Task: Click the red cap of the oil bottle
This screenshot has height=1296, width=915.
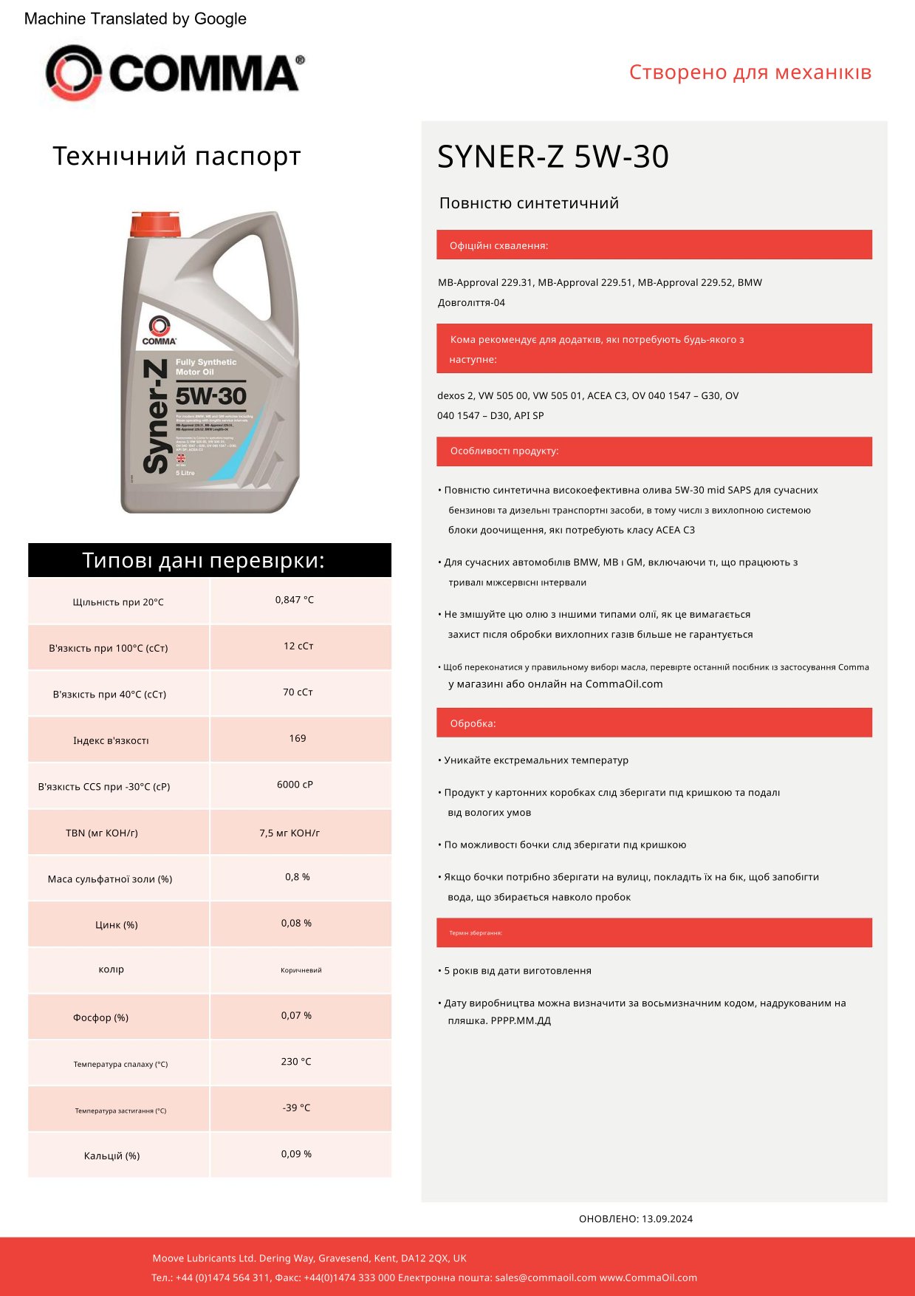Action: [154, 224]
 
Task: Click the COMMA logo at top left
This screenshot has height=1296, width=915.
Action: [174, 72]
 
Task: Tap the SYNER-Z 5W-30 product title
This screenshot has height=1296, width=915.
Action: [552, 157]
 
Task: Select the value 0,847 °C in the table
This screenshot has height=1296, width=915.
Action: [295, 600]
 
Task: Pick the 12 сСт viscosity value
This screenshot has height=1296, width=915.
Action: [298, 646]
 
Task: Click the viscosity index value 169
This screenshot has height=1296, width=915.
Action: [298, 738]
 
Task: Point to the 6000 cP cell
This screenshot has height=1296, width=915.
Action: [295, 785]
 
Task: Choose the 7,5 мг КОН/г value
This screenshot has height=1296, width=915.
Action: [289, 833]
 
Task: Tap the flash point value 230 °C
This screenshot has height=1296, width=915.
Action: [296, 1062]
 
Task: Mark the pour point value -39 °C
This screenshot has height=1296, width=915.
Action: [296, 1108]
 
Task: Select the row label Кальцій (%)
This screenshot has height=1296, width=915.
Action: [112, 1156]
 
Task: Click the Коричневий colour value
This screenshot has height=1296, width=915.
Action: [301, 970]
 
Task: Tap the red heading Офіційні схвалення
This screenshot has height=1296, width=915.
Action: [499, 245]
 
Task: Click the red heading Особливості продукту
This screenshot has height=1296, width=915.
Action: [504, 451]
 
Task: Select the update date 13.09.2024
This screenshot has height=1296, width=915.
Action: [667, 1219]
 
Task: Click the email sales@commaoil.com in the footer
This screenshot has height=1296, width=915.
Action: [546, 1278]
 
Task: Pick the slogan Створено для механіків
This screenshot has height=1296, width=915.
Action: [750, 72]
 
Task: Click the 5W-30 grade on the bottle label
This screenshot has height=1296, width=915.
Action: [211, 396]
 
